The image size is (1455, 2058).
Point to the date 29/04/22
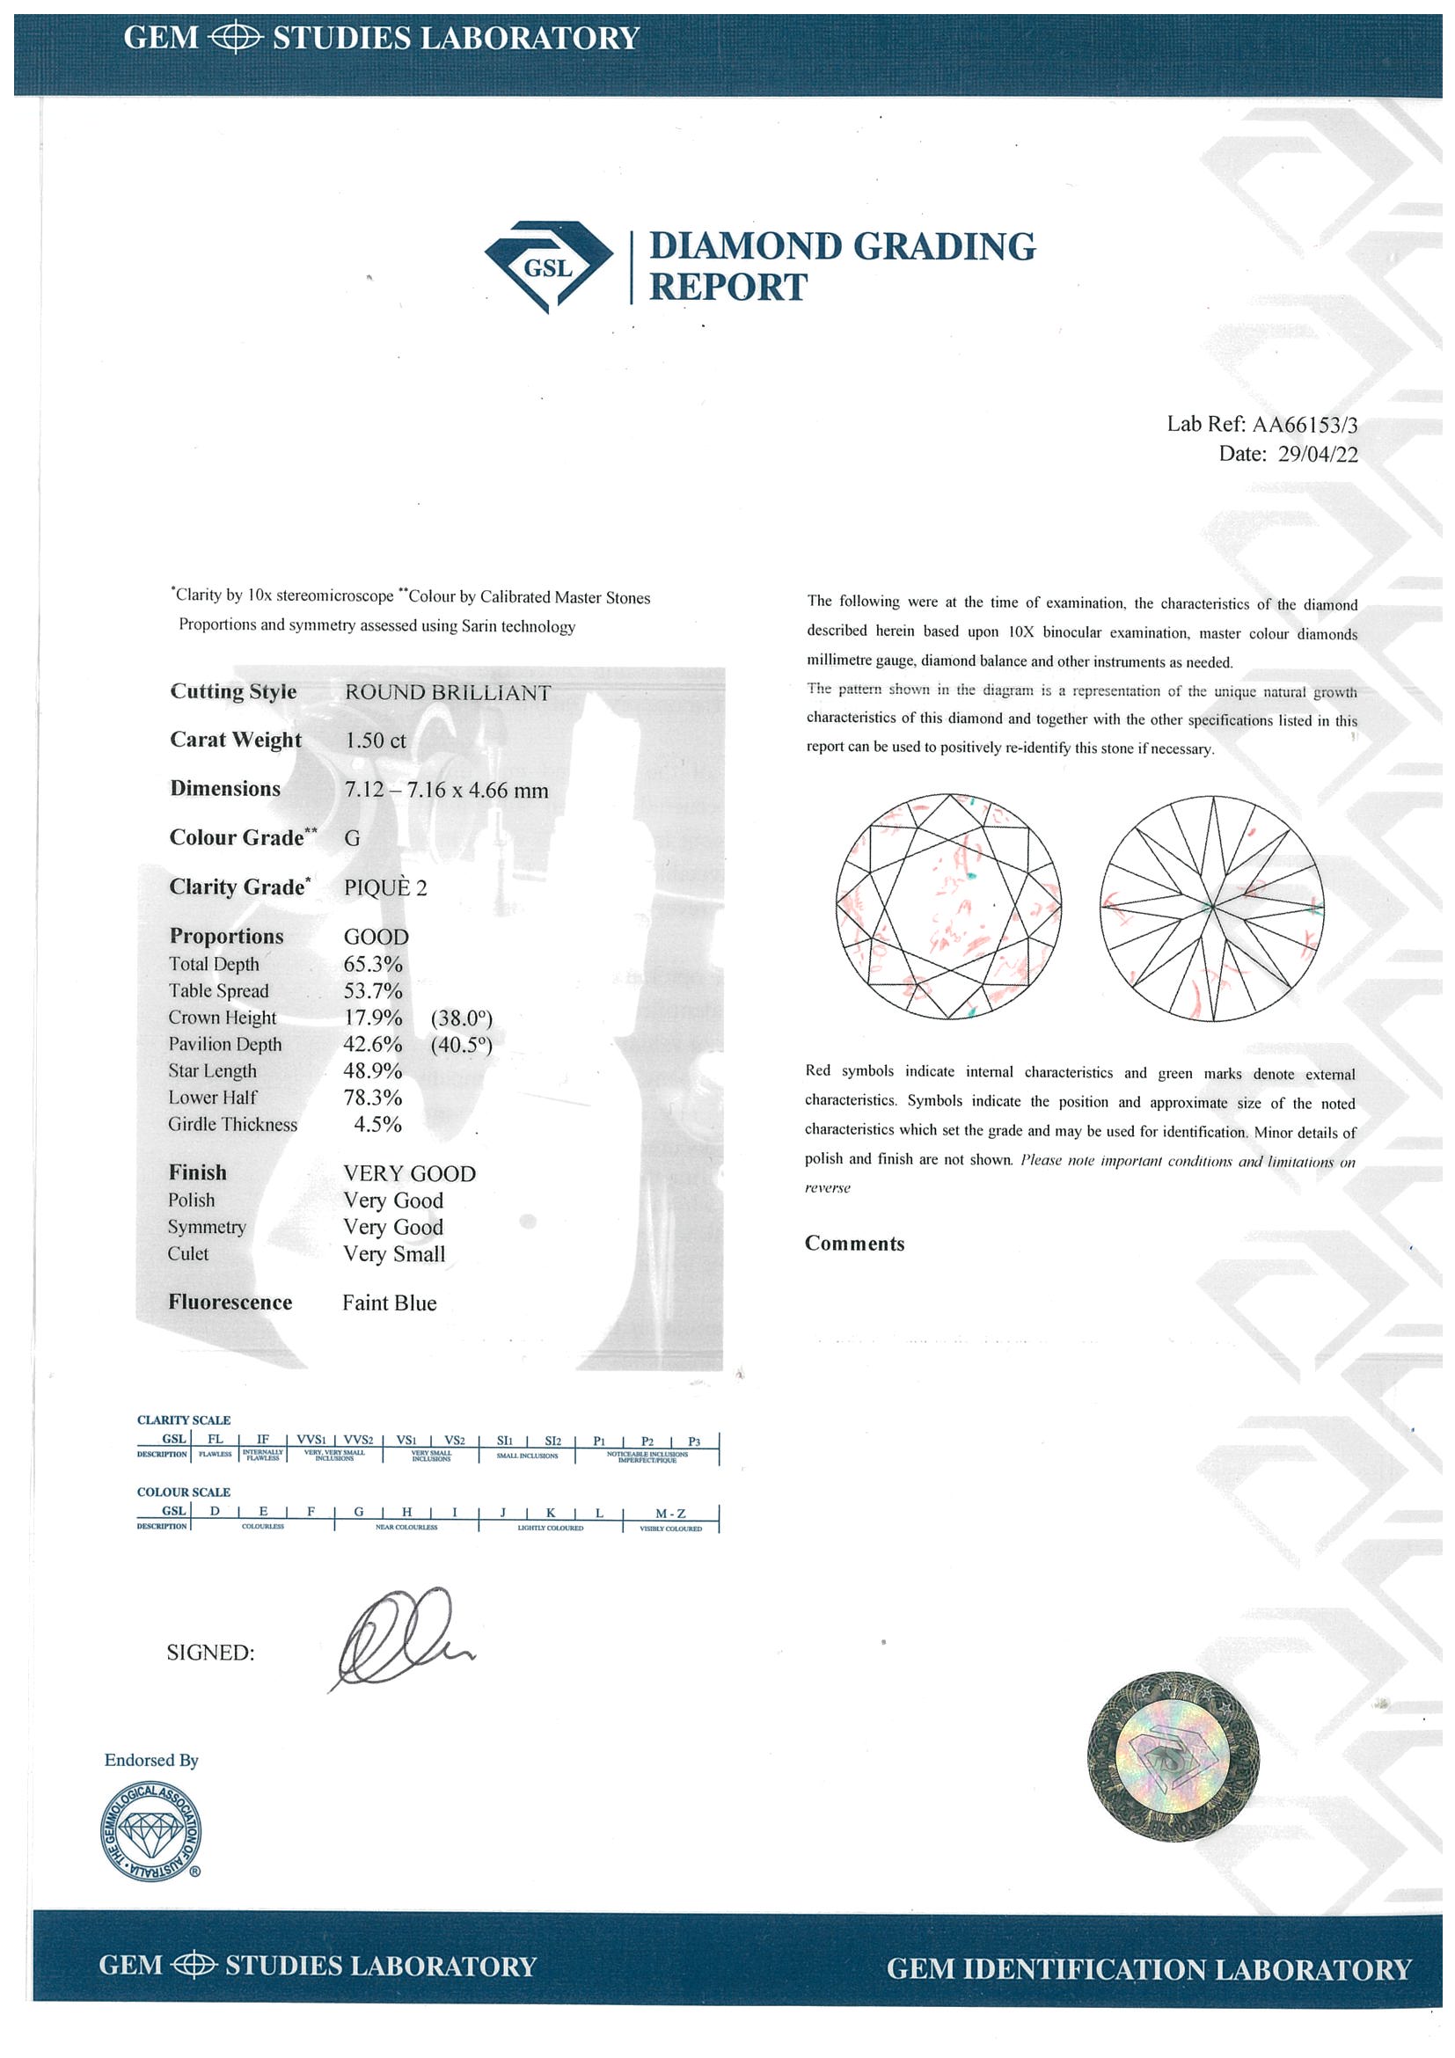pos(1317,454)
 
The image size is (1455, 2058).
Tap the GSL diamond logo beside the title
pos(548,266)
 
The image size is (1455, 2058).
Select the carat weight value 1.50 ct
pos(376,741)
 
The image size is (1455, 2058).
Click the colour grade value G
pos(353,838)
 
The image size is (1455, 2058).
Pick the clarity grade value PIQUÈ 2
pos(385,887)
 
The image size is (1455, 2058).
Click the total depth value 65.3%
pos(373,965)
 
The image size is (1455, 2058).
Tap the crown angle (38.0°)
pos(462,1018)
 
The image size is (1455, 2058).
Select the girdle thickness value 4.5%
pos(377,1124)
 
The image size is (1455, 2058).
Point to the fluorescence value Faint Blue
pos(389,1303)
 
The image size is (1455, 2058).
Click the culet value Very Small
pos(394,1254)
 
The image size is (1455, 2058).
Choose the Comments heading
pos(854,1244)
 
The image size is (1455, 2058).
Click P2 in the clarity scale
pos(647,1441)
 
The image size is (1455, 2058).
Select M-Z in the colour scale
pos(670,1513)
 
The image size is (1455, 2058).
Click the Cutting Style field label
pos(233,692)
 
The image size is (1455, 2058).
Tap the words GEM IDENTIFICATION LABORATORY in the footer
pos(1149,1968)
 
